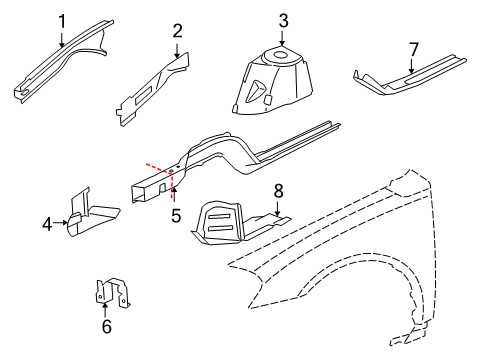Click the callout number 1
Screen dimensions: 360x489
click(x=62, y=21)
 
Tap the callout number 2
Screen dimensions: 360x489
click(x=177, y=32)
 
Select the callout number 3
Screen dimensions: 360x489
click(x=283, y=20)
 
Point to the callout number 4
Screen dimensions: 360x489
click(x=47, y=226)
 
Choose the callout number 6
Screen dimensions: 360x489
click(x=107, y=326)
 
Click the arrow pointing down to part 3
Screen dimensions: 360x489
click(x=283, y=36)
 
